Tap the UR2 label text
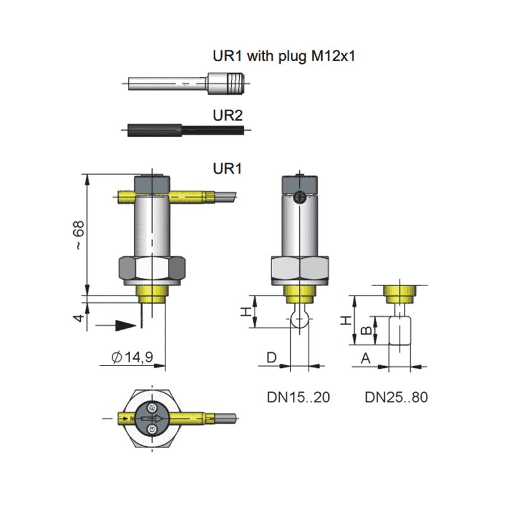227,115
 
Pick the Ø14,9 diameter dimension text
131,357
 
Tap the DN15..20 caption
299,397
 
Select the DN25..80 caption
396,397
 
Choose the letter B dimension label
365,330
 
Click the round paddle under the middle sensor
300,318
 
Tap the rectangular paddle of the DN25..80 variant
400,330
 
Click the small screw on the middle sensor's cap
299,198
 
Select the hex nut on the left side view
151,270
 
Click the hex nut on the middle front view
300,270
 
